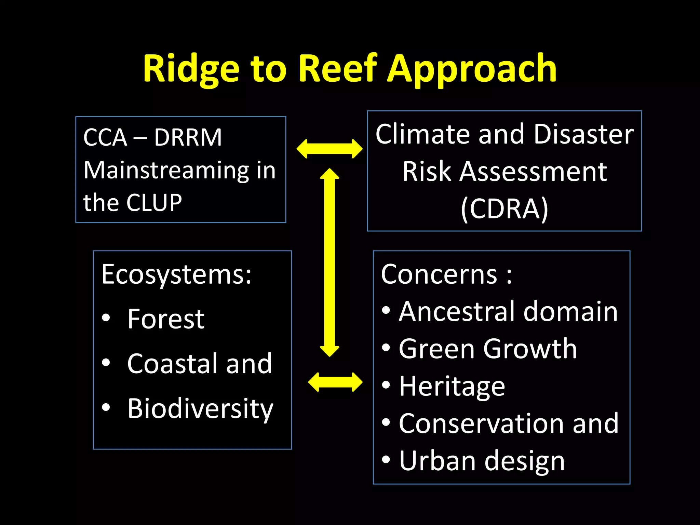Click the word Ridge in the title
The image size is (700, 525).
pos(191,69)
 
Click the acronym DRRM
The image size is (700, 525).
pos(188,137)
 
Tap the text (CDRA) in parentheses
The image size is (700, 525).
pos(504,208)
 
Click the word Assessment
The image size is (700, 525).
pos(533,172)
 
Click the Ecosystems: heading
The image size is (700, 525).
pos(176,274)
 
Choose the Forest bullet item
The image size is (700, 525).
pos(166,319)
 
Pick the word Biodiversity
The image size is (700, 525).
pos(200,409)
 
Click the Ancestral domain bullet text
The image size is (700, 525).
pos(508,311)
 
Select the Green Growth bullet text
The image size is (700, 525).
pos(487,349)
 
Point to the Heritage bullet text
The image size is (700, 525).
pos(452,387)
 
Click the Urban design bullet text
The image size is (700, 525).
pos(482,461)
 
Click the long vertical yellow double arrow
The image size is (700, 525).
pos(329,262)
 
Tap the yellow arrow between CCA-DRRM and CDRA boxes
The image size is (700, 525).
pos(329,149)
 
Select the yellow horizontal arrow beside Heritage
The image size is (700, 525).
pos(335,382)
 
